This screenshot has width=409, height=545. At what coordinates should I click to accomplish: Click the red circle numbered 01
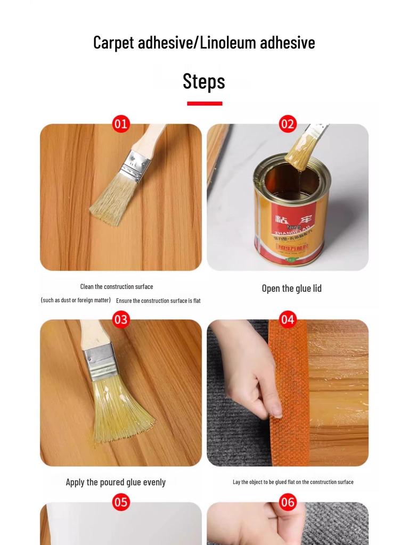click(x=121, y=124)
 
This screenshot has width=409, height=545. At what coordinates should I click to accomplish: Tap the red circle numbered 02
click(x=288, y=124)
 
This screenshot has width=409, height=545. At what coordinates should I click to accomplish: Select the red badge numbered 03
click(x=121, y=319)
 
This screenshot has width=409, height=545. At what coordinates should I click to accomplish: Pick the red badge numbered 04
click(x=288, y=319)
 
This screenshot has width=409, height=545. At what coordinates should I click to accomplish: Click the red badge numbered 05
click(x=121, y=502)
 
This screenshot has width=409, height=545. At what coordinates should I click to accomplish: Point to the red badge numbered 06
click(x=288, y=502)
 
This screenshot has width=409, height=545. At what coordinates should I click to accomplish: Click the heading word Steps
click(x=204, y=81)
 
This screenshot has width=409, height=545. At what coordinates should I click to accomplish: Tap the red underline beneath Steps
click(x=204, y=103)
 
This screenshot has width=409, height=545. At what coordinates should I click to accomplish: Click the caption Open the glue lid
click(x=291, y=288)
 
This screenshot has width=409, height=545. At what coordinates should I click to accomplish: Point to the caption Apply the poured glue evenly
click(x=116, y=482)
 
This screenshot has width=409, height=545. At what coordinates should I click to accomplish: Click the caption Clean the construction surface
click(x=117, y=286)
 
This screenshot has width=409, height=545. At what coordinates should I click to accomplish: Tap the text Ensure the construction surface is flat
click(x=158, y=301)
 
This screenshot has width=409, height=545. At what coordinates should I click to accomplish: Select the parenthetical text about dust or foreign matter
click(x=76, y=300)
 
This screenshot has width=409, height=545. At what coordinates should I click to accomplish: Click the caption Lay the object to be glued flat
click(x=293, y=482)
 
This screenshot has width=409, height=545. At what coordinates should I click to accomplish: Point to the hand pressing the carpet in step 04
click(x=250, y=373)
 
